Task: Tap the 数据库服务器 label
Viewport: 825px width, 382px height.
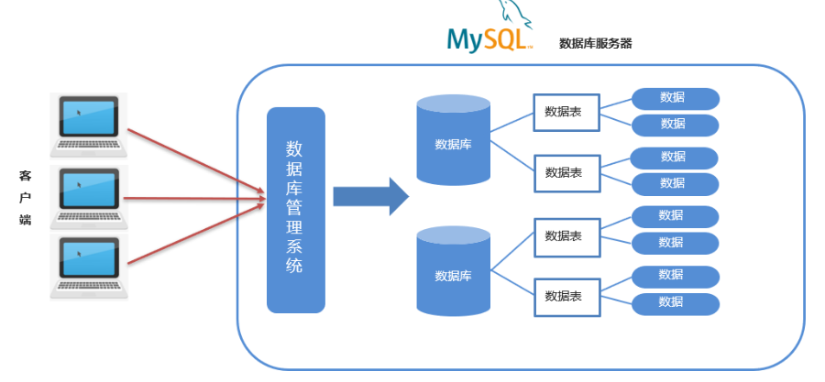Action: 595,43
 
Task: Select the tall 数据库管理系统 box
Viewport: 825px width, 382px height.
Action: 295,210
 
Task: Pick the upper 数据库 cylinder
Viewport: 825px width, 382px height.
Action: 453,140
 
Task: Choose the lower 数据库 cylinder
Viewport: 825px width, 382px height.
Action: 453,272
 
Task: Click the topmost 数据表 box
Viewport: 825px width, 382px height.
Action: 566,112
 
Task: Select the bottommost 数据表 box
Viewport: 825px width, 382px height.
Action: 566,296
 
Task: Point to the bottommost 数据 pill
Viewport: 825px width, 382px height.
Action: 674,302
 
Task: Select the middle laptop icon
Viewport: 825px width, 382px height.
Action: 89,195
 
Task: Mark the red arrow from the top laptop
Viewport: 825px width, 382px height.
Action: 192,159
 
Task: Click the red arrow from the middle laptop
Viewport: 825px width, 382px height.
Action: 192,197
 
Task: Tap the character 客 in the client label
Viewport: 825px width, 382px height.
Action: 25,173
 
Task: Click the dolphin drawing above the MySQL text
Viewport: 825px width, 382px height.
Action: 514,11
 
